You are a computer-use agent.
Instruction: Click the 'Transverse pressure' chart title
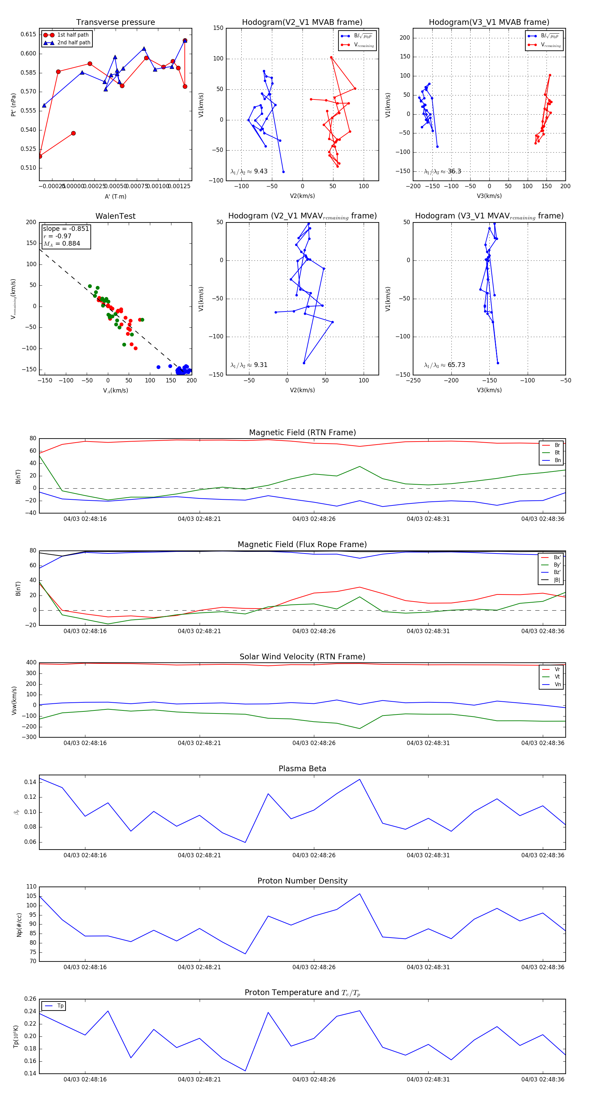coord(115,23)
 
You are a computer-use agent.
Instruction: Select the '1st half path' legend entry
coord(73,35)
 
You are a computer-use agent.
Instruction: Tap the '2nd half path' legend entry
coord(74,43)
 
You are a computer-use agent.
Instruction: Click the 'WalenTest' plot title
coord(115,216)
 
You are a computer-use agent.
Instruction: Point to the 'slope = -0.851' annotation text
coord(66,229)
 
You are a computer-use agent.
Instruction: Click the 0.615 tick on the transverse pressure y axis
coord(29,34)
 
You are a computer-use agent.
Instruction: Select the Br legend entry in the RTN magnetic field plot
coord(557,445)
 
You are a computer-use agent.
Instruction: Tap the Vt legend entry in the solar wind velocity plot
coord(557,677)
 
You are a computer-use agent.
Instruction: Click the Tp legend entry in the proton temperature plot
coord(60,1006)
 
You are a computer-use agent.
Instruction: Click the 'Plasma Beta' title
coord(302,769)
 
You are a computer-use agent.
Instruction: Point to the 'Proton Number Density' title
coord(302,881)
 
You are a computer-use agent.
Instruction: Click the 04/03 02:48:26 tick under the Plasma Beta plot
coord(314,855)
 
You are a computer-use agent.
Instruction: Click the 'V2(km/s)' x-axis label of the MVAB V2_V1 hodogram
coord(302,196)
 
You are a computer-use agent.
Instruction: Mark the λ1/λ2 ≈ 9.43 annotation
coord(249,171)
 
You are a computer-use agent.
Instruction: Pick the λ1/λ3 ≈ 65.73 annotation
coord(444,365)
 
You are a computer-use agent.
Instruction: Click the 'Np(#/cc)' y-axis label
coord(19,925)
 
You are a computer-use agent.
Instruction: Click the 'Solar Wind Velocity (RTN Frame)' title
coord(302,657)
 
